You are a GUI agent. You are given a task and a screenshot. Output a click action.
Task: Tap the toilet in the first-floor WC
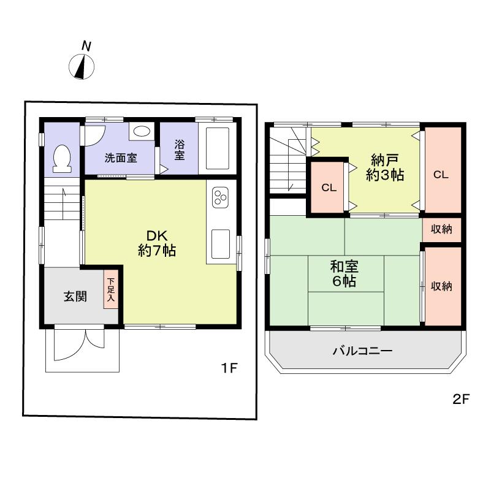(62, 158)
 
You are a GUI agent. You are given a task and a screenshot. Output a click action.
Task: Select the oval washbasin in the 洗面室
(142, 131)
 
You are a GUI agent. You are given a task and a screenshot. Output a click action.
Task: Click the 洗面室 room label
(121, 158)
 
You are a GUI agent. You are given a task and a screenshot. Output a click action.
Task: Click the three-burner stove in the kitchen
(220, 199)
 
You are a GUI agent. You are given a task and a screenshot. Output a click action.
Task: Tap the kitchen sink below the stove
(220, 245)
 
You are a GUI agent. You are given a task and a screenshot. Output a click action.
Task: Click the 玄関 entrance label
(75, 297)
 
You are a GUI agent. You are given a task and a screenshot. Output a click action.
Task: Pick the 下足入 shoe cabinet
(111, 290)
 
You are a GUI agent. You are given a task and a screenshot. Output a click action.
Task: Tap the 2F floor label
(460, 399)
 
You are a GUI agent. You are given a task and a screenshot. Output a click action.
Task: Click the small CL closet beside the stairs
(329, 188)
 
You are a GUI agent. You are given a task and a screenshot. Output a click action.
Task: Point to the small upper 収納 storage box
(441, 230)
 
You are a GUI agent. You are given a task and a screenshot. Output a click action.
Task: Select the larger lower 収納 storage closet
(441, 286)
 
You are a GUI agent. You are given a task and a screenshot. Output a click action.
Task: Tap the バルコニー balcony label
(362, 351)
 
